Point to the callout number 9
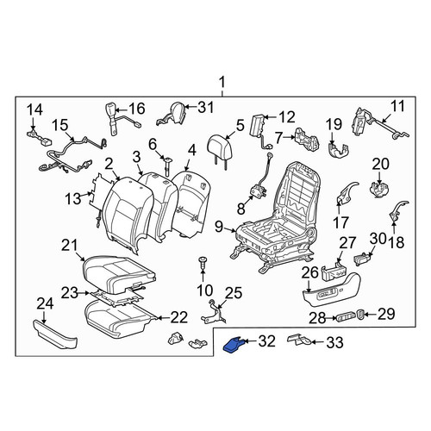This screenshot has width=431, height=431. [219, 227]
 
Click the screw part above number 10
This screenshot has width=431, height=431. [203, 263]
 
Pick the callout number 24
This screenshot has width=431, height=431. [46, 304]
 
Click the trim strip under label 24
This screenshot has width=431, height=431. [55, 334]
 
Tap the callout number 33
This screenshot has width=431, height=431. [334, 342]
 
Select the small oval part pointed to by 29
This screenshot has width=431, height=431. [360, 314]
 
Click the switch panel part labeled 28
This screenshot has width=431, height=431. [347, 317]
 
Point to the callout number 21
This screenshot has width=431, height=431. [70, 246]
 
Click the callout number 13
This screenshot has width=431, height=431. [73, 199]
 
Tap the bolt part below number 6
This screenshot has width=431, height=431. [167, 166]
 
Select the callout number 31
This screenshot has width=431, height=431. [206, 108]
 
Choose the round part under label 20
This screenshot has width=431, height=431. [379, 190]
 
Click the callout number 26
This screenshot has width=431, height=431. [309, 273]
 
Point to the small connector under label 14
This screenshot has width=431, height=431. [39, 136]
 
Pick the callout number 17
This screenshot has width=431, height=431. [340, 222]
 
